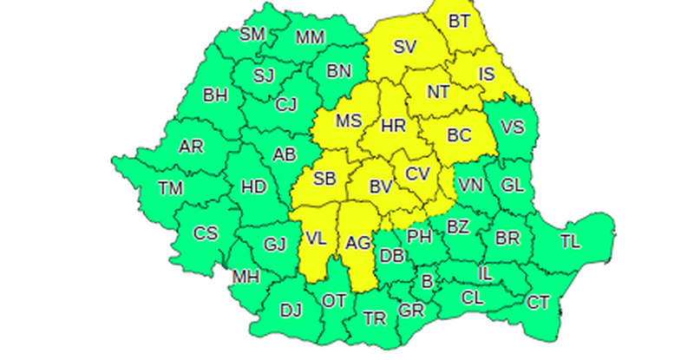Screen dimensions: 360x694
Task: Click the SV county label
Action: coord(405,48)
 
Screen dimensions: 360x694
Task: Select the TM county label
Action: coord(171,187)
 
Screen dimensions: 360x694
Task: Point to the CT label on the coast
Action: coord(538,302)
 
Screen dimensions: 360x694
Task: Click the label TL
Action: coord(570,241)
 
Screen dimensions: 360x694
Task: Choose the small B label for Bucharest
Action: coord(427,281)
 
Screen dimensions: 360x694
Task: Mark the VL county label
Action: coord(316,237)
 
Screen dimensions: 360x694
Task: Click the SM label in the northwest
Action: coord(252,34)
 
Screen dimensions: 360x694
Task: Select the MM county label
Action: coord(310,37)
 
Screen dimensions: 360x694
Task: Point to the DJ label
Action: coord(291,309)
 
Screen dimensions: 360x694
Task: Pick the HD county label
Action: coord(253,187)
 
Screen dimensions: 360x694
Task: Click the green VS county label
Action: coord(513,128)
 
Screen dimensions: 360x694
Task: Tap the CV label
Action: coord(418,173)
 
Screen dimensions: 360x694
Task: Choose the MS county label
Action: coord(349,121)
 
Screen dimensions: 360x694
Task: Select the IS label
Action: coord(487,75)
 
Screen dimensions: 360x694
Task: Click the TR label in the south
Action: coord(375,318)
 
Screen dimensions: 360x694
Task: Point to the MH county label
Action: coord(246,278)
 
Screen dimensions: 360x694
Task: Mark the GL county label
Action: coord(513,185)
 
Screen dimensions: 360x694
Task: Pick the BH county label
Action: coord(215,95)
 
